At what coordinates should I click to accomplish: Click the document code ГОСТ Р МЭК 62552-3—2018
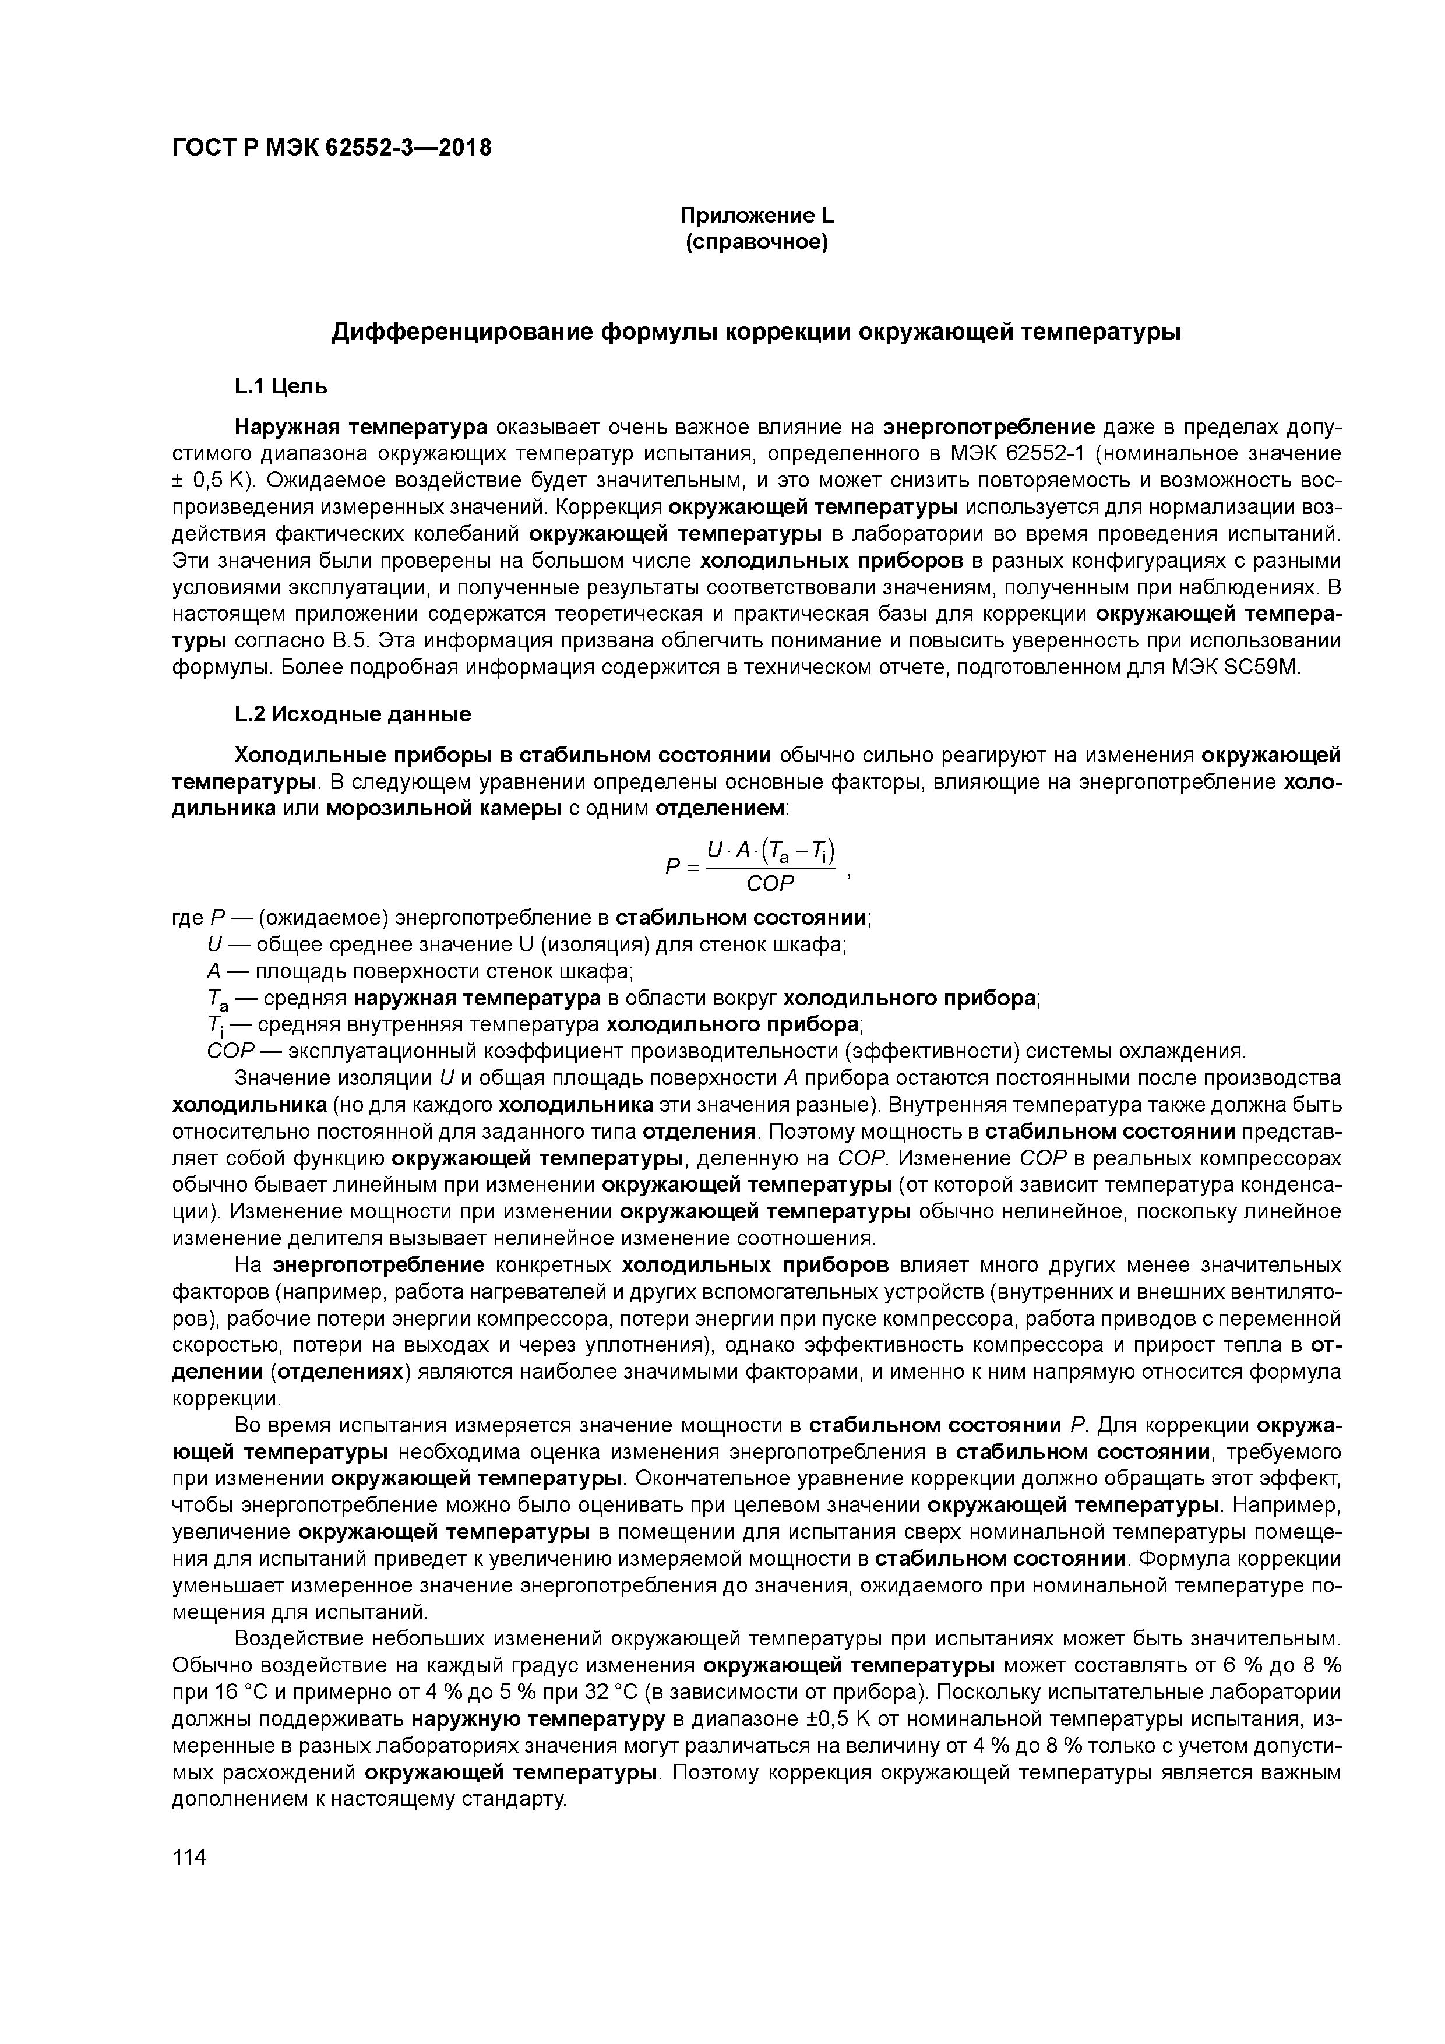tap(330, 148)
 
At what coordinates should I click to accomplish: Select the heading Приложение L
tap(756, 216)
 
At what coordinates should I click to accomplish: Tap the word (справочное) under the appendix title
tap(756, 242)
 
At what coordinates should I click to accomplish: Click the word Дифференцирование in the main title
tap(463, 332)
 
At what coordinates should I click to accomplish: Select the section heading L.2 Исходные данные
tap(352, 714)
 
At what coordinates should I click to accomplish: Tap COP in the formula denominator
tap(769, 883)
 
